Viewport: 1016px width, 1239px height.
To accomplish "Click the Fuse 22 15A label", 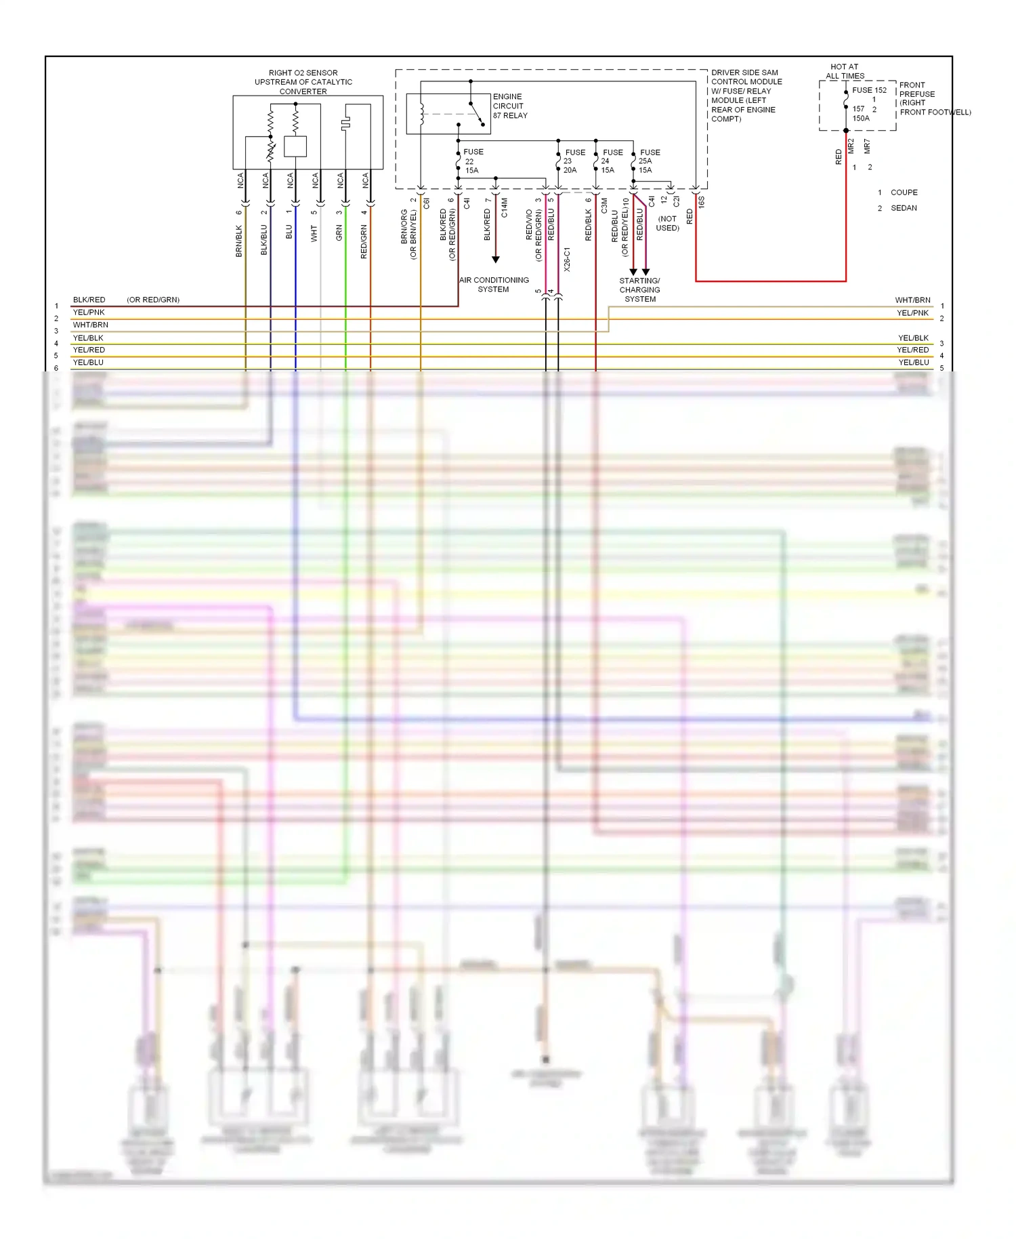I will (x=472, y=161).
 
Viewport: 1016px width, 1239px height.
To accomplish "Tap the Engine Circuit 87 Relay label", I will (x=509, y=106).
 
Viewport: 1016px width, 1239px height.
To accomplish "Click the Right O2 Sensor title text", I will (x=303, y=82).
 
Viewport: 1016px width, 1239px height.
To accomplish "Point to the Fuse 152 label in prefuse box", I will (x=869, y=90).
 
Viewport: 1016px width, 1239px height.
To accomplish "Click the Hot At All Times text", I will (x=845, y=71).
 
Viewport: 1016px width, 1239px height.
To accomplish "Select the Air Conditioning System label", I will (x=494, y=285).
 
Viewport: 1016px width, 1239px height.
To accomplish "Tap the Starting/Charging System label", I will (x=639, y=289).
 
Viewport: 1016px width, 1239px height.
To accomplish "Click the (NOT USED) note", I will (x=667, y=223).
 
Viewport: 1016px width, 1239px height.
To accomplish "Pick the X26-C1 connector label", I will (x=567, y=260).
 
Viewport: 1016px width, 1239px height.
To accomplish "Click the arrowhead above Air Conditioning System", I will (x=496, y=260).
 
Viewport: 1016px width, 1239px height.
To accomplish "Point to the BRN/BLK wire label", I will (x=239, y=241).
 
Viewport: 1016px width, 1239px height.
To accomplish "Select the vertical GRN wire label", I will (x=339, y=232).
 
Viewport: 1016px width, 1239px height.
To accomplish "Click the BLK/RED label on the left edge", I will (x=89, y=300).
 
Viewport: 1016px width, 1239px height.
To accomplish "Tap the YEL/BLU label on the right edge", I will (x=913, y=363).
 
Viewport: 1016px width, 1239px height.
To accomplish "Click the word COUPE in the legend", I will (x=904, y=192).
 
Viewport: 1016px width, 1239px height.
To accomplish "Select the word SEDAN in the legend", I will (x=904, y=208).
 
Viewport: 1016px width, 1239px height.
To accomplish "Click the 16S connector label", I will (x=702, y=201).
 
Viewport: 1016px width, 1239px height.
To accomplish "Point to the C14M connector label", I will (x=505, y=207).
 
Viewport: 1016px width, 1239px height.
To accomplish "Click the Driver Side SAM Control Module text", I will (x=745, y=96).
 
